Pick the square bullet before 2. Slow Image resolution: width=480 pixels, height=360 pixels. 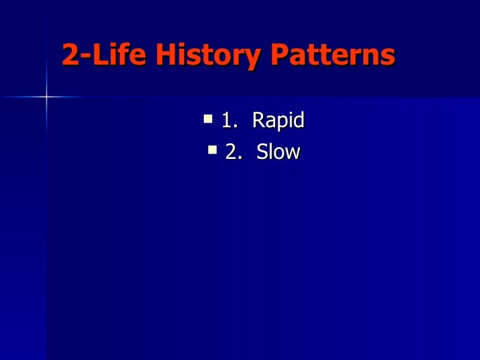click(212, 151)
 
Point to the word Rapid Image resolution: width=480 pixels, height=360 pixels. click(278, 121)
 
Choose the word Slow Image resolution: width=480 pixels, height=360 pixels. click(278, 152)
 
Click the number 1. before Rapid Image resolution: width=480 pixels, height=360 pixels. click(229, 121)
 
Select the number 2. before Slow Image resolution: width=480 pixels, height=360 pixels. click(233, 152)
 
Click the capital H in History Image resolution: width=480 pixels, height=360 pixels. click(168, 57)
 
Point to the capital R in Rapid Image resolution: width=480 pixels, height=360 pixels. click(258, 121)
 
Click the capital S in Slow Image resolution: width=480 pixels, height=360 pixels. click(262, 152)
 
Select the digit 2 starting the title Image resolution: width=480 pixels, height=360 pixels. click(70, 57)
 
